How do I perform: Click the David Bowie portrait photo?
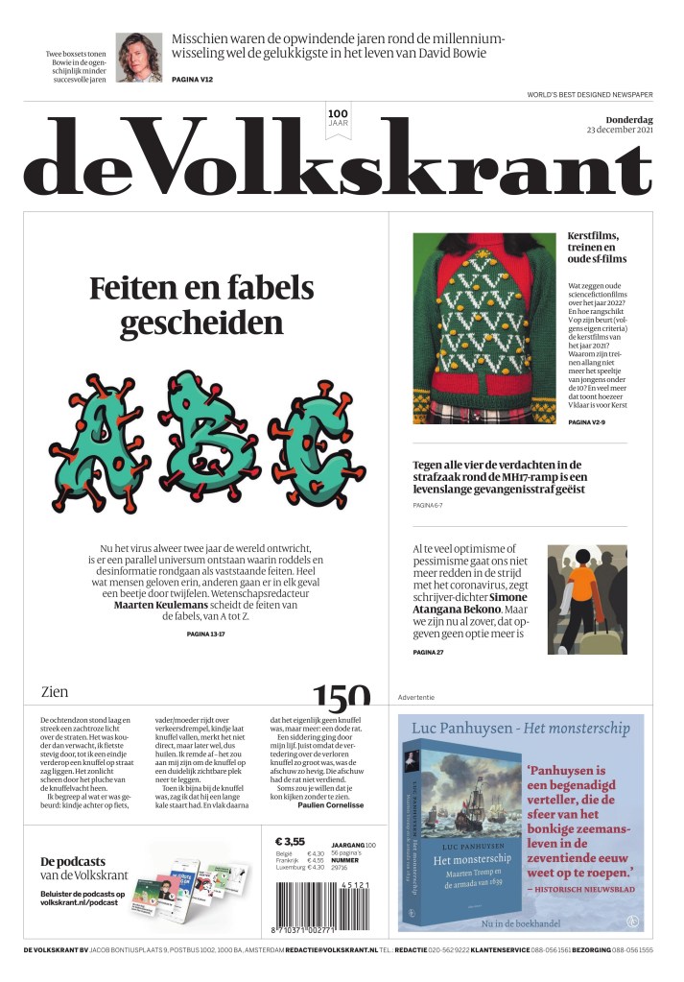click(x=139, y=58)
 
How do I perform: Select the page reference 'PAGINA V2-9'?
click(x=592, y=422)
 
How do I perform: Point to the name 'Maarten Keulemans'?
click(x=158, y=606)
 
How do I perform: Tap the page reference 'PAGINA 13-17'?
click(x=202, y=635)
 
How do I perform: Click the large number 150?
click(x=340, y=696)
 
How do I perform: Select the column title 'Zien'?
click(x=55, y=691)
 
